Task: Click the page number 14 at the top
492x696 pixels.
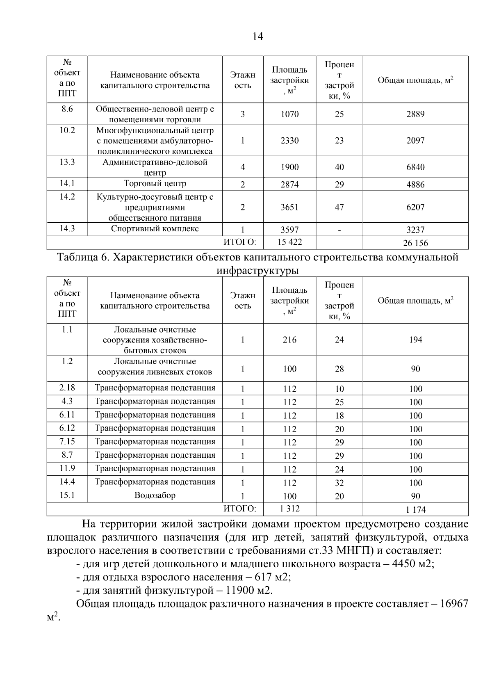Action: click(x=257, y=37)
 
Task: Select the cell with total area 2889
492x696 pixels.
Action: click(x=415, y=114)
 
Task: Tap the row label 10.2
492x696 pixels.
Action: click(x=67, y=130)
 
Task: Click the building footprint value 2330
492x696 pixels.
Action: click(x=289, y=141)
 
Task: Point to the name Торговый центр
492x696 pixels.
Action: click(x=155, y=184)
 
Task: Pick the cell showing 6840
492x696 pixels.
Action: click(x=415, y=167)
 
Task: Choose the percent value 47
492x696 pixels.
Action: click(x=339, y=207)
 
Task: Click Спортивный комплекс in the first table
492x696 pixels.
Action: click(x=155, y=229)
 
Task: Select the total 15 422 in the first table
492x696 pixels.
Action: click(x=289, y=242)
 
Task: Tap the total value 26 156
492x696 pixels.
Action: click(x=415, y=243)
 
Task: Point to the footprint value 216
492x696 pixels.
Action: click(x=289, y=340)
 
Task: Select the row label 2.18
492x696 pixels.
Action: click(x=67, y=388)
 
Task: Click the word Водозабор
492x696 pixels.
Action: click(x=155, y=495)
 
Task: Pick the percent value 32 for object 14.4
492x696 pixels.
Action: click(x=339, y=483)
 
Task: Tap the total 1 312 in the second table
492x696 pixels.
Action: click(x=289, y=509)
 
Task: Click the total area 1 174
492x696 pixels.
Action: click(x=415, y=510)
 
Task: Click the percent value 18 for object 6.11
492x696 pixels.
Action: click(x=339, y=416)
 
